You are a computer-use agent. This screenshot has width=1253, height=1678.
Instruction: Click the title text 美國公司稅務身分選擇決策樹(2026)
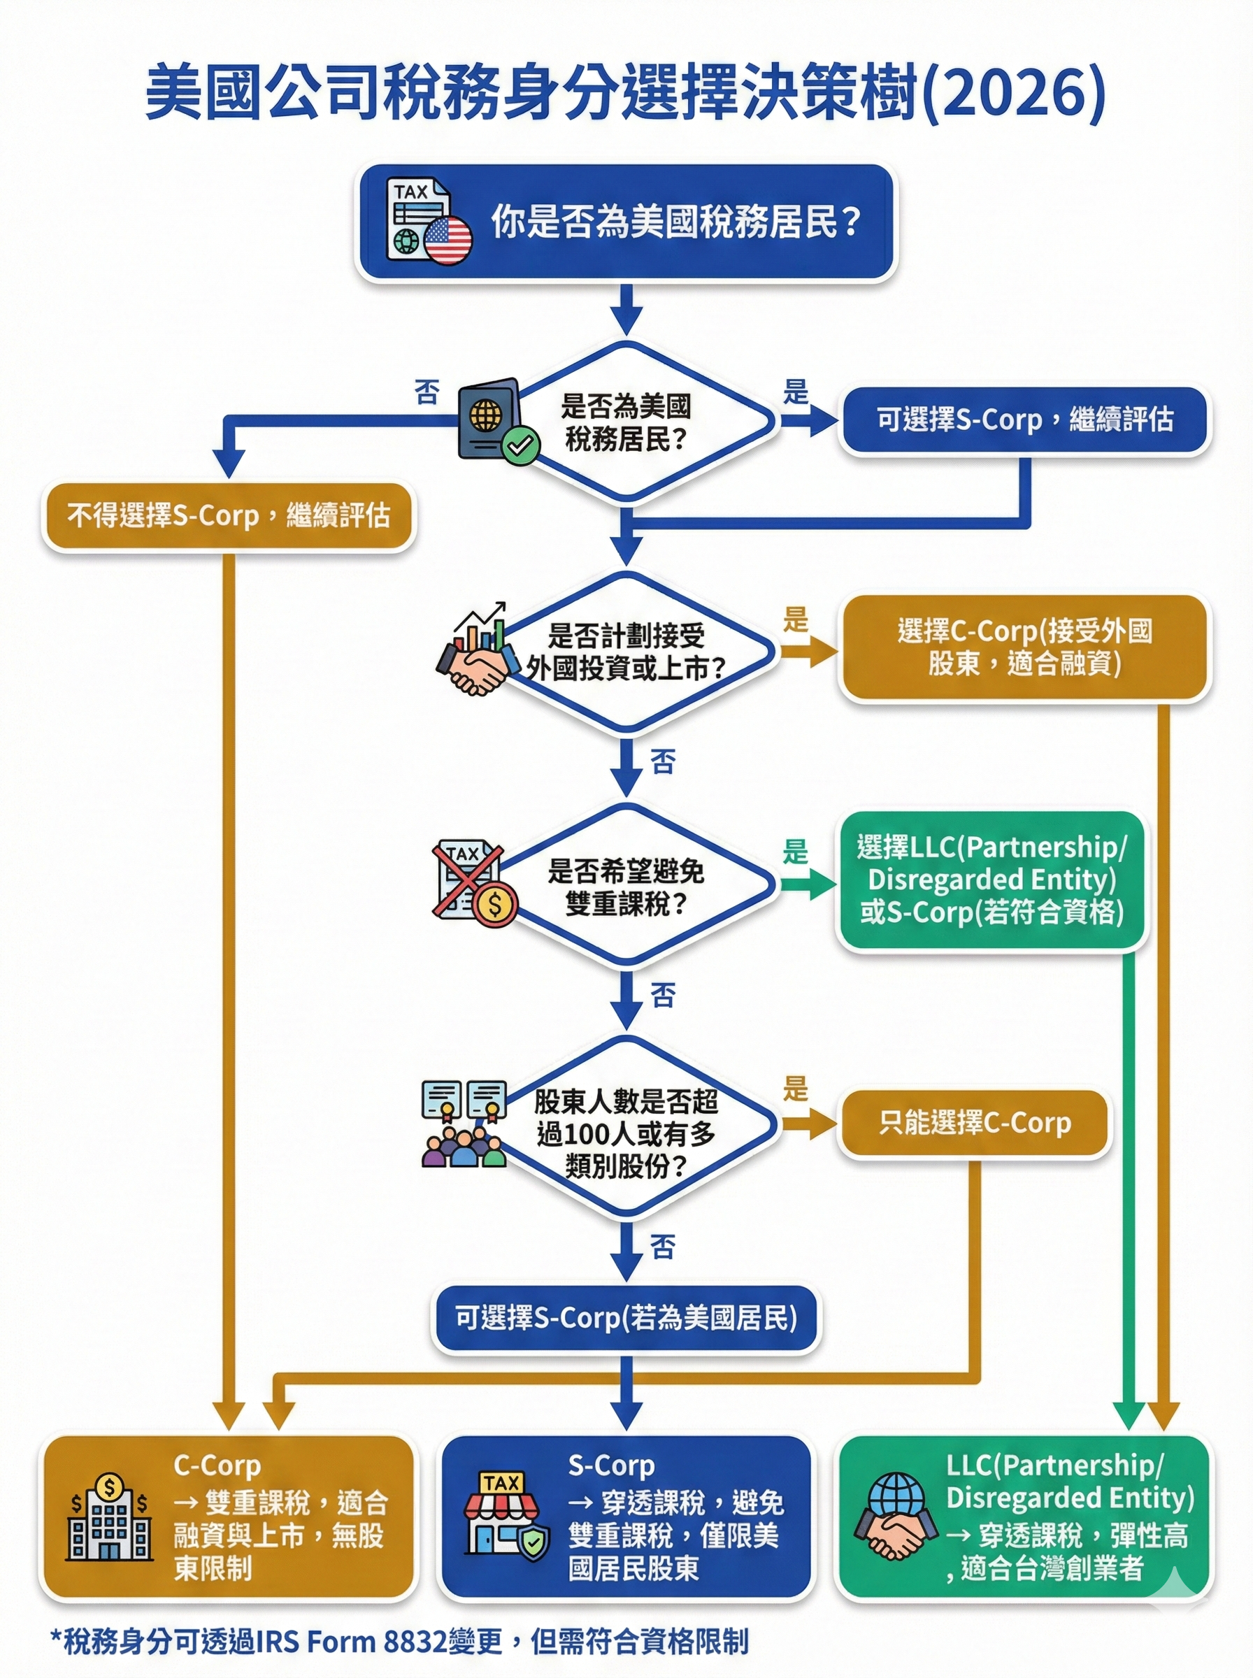625,93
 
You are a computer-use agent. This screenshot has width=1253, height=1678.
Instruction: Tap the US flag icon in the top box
448,240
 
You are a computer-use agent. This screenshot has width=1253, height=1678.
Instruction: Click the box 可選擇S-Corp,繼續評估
1024,420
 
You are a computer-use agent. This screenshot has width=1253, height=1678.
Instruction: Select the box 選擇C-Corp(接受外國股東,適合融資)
1024,647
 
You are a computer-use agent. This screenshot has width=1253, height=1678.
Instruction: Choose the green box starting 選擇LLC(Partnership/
991,880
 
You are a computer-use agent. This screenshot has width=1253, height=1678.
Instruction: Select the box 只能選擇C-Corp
974,1123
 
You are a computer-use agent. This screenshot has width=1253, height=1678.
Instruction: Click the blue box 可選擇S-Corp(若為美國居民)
626,1318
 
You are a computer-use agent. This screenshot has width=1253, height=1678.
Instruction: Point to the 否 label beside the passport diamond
427,392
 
